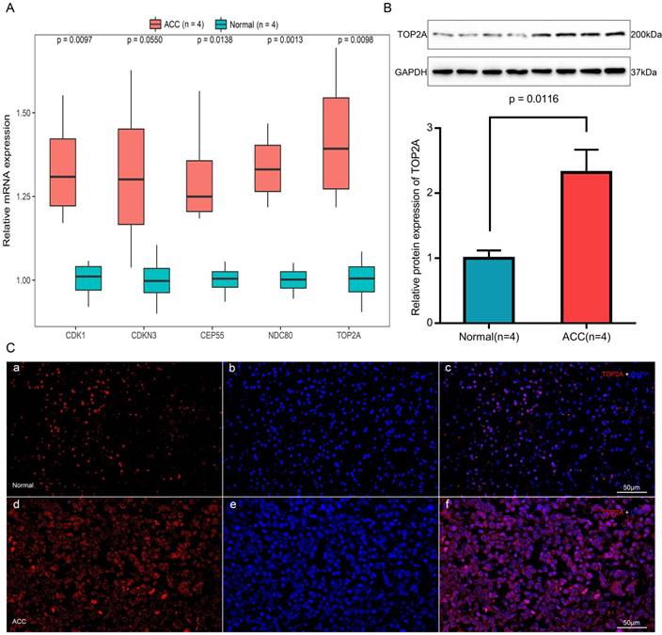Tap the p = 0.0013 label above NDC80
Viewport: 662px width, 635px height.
(x=290, y=41)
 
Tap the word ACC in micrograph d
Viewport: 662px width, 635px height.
(x=20, y=623)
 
